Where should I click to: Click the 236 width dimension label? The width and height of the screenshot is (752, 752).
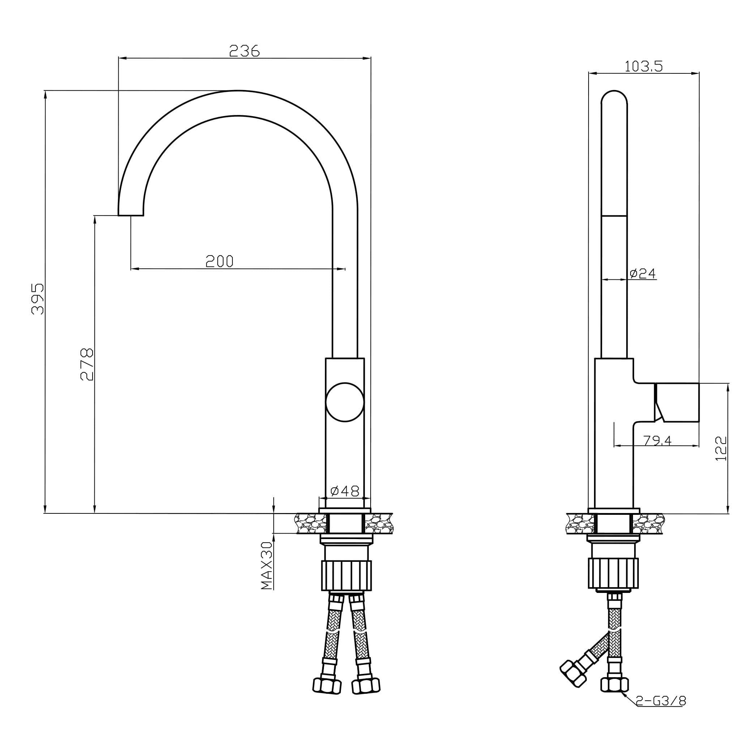pyautogui.click(x=244, y=51)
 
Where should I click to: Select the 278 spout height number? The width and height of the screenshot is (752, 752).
pyautogui.click(x=87, y=364)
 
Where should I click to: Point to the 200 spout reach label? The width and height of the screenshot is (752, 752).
pyautogui.click(x=219, y=261)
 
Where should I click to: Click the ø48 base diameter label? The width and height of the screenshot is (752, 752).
pyautogui.click(x=345, y=491)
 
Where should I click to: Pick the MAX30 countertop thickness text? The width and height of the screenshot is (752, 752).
pyautogui.click(x=266, y=565)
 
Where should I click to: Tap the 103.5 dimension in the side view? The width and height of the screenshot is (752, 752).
pyautogui.click(x=644, y=67)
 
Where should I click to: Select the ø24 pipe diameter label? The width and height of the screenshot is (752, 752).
pyautogui.click(x=642, y=274)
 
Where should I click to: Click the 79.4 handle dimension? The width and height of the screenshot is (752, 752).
pyautogui.click(x=657, y=441)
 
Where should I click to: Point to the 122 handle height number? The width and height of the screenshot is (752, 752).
pyautogui.click(x=721, y=449)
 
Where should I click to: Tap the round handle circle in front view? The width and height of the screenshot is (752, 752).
pyautogui.click(x=345, y=402)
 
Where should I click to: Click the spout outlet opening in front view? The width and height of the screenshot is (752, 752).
pyautogui.click(x=131, y=215)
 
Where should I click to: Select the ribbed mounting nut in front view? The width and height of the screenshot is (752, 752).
pyautogui.click(x=346, y=575)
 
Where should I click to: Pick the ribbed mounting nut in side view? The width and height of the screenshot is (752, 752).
pyautogui.click(x=613, y=573)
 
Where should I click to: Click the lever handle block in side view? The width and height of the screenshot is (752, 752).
pyautogui.click(x=678, y=402)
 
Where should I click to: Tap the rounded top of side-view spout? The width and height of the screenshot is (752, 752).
pyautogui.click(x=614, y=98)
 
